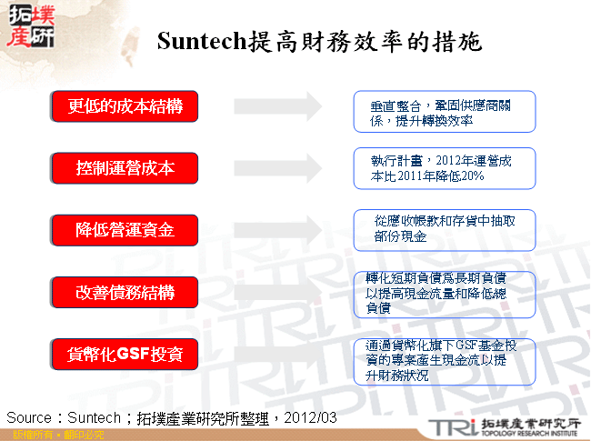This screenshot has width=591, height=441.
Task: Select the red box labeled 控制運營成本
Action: [125, 168]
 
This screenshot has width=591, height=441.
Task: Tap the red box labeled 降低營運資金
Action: [125, 230]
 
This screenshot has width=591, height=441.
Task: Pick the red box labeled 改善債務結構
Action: [125, 292]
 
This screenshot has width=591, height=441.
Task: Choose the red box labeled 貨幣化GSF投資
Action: [125, 353]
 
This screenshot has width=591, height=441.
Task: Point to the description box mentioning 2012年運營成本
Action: [444, 168]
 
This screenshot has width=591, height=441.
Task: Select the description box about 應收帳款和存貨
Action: [444, 229]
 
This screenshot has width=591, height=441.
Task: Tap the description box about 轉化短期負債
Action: [444, 294]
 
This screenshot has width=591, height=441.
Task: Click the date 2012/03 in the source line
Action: [310, 417]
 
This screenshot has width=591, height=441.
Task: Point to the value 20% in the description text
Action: [473, 176]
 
